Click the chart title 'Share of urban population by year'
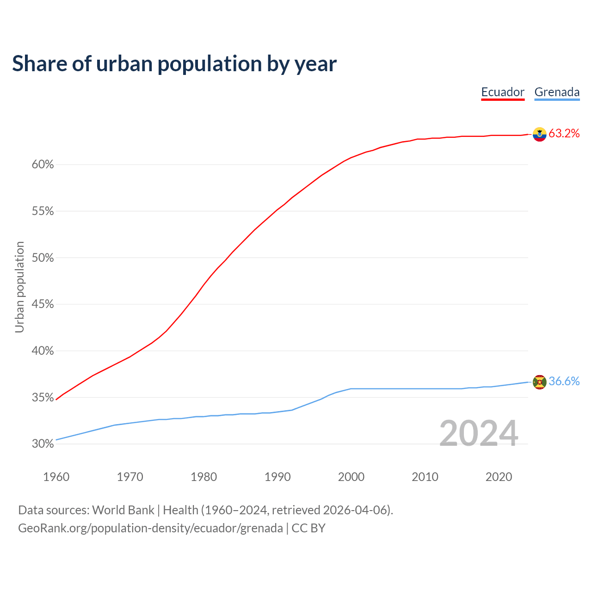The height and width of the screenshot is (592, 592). (x=174, y=64)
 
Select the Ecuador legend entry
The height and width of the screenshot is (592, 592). (x=503, y=92)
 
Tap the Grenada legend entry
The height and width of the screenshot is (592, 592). (x=557, y=92)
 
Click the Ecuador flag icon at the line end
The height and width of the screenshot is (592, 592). (x=539, y=134)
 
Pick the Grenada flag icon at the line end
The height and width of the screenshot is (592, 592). (x=539, y=382)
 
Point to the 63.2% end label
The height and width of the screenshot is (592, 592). (x=564, y=134)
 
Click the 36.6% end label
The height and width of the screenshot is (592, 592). (x=564, y=382)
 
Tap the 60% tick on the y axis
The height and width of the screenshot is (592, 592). (x=43, y=165)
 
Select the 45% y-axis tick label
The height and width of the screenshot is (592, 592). (x=43, y=304)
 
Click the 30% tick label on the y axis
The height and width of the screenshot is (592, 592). (x=43, y=444)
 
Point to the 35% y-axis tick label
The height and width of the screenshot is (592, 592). (x=43, y=398)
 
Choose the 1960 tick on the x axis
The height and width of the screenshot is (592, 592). (x=56, y=477)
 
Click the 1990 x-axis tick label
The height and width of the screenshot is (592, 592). (x=277, y=477)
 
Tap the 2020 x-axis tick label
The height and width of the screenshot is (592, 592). (x=499, y=477)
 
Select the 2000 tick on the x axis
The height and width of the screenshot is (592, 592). (x=351, y=477)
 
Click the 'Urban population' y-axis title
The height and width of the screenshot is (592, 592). (x=19, y=287)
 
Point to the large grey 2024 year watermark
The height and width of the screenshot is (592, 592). (x=478, y=434)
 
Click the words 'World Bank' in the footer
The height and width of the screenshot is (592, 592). (x=123, y=510)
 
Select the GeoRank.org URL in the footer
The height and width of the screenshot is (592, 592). (x=150, y=528)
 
